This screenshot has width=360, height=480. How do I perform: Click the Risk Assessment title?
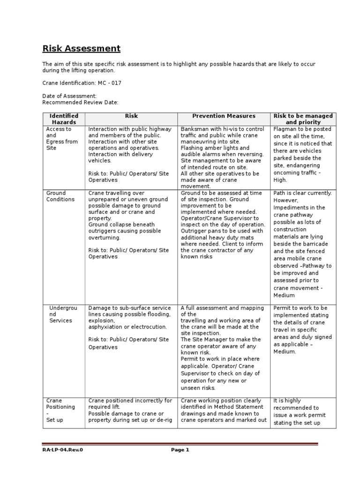pyautogui.click(x=82, y=48)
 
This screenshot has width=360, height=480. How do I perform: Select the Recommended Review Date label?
pyautogui.click(x=80, y=102)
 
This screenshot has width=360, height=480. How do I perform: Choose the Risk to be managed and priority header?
pyautogui.click(x=303, y=119)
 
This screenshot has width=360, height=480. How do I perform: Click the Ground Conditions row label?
pyautogui.click(x=60, y=196)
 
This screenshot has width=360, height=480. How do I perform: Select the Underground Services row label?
pyautogui.click(x=61, y=314)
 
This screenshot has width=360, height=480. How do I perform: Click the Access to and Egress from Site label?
pyautogui.click(x=61, y=138)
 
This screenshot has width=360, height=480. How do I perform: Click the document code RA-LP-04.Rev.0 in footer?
pyautogui.click(x=64, y=463)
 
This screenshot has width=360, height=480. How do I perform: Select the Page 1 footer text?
pyautogui.click(x=180, y=463)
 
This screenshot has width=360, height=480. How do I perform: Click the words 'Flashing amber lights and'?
pyautogui.click(x=215, y=148)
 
